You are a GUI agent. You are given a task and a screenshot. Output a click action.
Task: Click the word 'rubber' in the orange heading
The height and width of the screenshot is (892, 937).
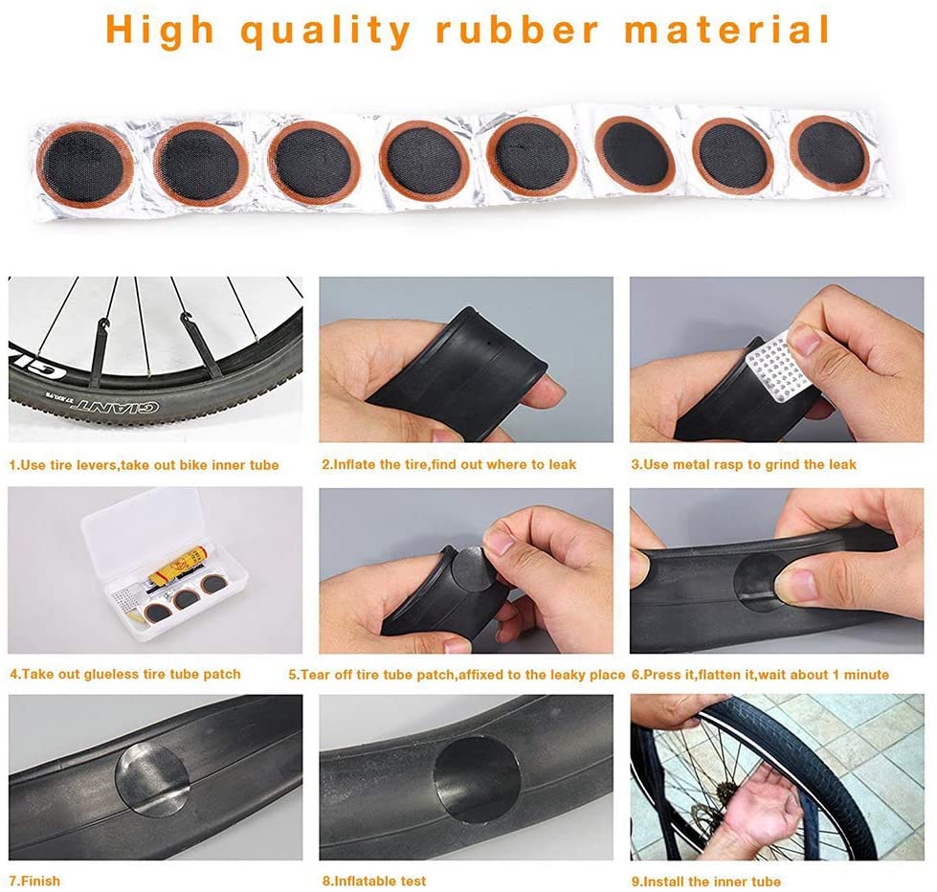point(518,30)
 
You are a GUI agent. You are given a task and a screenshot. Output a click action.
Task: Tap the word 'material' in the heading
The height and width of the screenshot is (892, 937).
point(727,30)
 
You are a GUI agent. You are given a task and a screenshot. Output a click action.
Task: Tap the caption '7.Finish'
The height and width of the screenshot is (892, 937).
point(34,881)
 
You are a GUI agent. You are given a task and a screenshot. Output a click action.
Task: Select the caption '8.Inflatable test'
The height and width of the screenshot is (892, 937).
point(374,881)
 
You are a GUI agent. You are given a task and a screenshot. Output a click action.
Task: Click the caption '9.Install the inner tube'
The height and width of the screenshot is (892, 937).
point(706,881)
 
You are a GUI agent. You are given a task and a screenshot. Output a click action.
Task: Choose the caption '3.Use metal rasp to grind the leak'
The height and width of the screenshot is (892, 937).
point(744,464)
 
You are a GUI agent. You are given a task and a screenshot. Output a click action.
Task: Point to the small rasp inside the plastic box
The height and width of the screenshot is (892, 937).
point(125,598)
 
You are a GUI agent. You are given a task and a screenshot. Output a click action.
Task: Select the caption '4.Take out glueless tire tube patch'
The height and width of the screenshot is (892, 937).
point(125,674)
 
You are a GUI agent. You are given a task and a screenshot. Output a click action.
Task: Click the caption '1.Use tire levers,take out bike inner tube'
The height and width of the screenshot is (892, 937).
point(144,465)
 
